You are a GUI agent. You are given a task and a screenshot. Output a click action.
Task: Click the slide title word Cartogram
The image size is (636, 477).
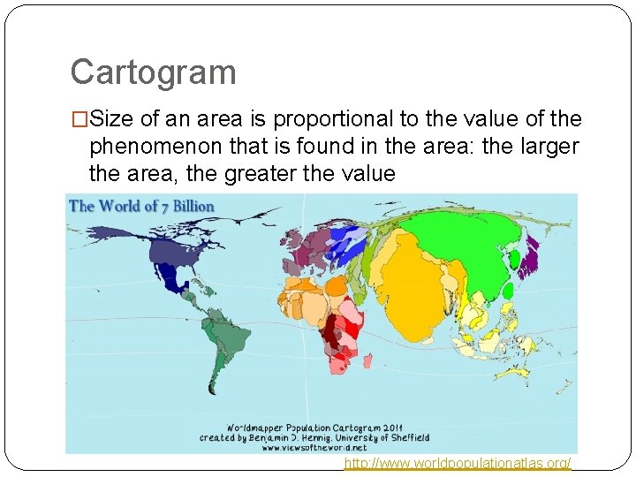[x=153, y=72]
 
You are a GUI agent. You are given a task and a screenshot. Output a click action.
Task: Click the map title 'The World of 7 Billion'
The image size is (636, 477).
[x=142, y=207]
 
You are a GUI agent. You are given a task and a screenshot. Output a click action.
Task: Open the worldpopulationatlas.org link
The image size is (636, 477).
[x=458, y=463]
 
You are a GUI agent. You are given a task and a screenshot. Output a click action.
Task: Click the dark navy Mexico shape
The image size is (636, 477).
[x=176, y=280]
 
